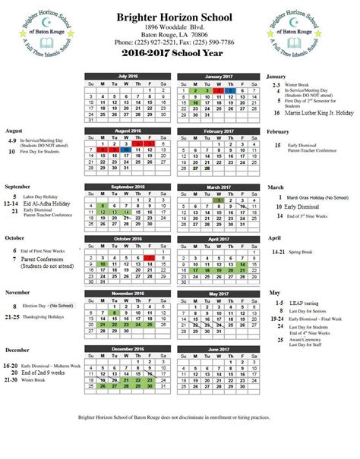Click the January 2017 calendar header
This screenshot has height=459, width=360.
(x=219, y=77)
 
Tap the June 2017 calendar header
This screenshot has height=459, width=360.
(x=219, y=349)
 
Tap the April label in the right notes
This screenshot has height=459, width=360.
(x=275, y=238)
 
